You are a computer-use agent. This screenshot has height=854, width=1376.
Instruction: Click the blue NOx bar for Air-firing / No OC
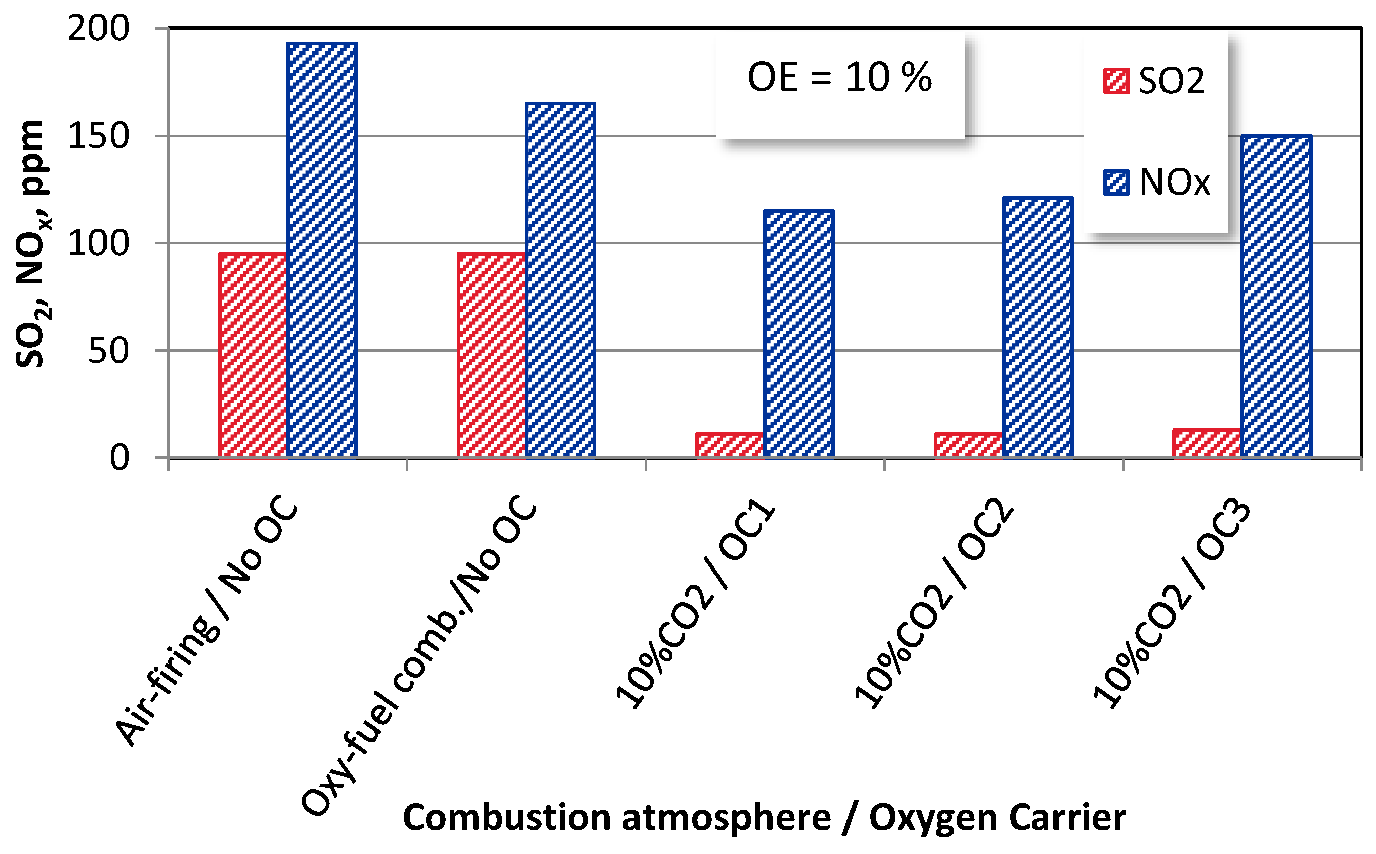tap(322, 248)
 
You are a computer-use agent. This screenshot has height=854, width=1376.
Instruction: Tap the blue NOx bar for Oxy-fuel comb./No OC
tap(561, 279)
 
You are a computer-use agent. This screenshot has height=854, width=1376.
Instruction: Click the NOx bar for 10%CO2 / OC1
tap(799, 333)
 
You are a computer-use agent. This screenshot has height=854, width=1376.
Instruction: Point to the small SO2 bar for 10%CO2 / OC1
tap(730, 444)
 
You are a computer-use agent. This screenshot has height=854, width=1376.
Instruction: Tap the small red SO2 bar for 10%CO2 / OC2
tap(969, 444)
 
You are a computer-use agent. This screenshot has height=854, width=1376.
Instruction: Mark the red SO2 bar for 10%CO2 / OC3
tap(1207, 443)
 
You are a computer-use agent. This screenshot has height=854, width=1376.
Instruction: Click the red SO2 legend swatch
tap(1116, 81)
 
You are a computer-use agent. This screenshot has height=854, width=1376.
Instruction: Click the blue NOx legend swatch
tap(1116, 182)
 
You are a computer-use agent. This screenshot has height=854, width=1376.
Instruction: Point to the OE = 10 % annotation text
tap(839, 77)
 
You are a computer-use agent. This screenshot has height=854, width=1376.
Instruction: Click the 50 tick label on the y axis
tap(109, 351)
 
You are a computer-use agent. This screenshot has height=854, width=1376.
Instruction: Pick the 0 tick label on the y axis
tap(119, 458)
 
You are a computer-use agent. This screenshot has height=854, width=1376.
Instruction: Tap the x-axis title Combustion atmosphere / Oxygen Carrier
tap(764, 817)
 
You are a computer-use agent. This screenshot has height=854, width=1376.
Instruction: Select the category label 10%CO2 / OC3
tap(1171, 604)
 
